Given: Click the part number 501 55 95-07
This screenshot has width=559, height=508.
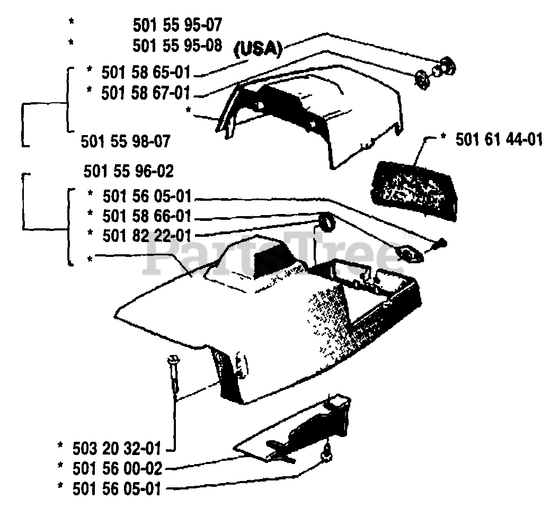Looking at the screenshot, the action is pos(177,24).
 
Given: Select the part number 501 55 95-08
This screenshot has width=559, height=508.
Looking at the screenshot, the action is pos(177,45).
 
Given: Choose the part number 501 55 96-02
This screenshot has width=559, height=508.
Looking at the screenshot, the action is pos(129,172).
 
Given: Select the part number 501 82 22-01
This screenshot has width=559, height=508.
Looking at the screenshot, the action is pos(146,235).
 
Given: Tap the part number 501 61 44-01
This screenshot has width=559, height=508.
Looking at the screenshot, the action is pos(499,140).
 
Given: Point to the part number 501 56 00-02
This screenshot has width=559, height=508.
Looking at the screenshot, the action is pos(115,468).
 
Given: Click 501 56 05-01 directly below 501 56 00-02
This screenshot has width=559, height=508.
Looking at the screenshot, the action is pos(115,488).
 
